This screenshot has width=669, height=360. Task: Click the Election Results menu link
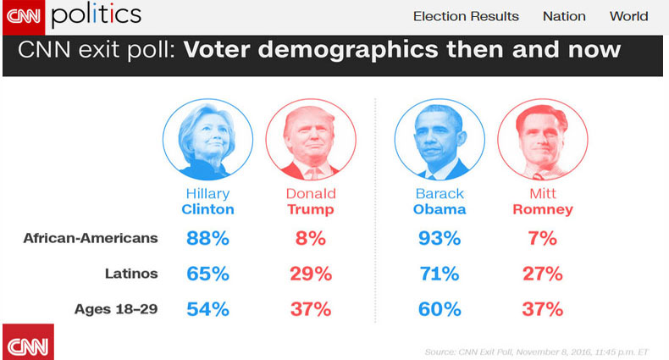(466, 16)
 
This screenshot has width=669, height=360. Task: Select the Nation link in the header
(564, 16)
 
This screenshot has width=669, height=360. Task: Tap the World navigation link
(628, 16)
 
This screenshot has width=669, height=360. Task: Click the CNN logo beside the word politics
(23, 14)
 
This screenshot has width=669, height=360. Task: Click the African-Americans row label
(91, 238)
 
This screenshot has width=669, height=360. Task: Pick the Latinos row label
(130, 273)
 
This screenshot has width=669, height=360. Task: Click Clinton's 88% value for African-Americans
(207, 238)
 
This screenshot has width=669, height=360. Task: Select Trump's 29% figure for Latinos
(310, 274)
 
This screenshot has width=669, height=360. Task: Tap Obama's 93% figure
(440, 238)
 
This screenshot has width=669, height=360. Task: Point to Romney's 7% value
(542, 238)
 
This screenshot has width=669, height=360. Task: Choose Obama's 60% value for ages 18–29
(440, 309)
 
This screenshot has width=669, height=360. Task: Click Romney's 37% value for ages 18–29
(542, 309)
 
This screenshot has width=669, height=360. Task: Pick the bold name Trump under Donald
(310, 209)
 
